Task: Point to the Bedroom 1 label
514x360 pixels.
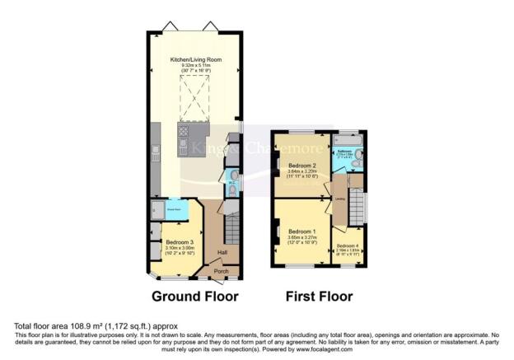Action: pos(302,231)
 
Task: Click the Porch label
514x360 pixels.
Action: pos(221,271)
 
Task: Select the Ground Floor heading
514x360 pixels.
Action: pos(194,295)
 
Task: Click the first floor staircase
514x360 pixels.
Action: pos(357,202)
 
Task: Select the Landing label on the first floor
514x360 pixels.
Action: pos(339,199)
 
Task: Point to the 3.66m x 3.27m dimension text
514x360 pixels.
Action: pos(302,237)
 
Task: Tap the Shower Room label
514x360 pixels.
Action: pos(175,209)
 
